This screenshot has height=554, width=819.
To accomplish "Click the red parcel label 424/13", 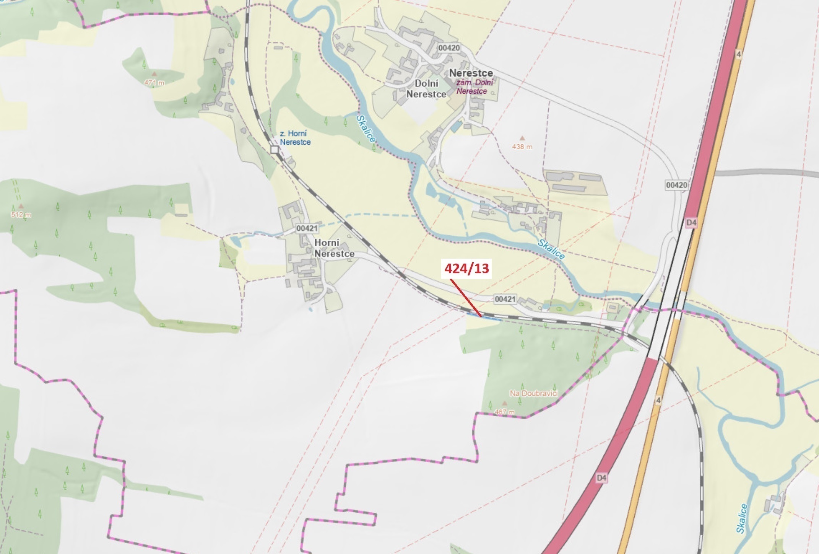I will [466, 269].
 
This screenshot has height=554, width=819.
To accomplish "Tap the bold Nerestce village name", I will [471, 73].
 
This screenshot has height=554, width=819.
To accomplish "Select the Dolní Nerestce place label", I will [426, 89].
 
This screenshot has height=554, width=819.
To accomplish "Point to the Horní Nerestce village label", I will [334, 248].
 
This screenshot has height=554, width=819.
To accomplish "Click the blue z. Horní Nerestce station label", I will [295, 138].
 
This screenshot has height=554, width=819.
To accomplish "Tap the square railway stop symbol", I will [275, 150].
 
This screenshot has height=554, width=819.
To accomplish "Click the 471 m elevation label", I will [154, 82].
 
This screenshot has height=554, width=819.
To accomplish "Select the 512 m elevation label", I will [21, 215].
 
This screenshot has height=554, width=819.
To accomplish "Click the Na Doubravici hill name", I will [534, 393].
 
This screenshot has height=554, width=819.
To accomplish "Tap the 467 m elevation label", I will [505, 412].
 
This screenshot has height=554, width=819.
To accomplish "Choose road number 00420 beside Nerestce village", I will [449, 48].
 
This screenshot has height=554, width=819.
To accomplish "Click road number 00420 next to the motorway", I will [676, 185].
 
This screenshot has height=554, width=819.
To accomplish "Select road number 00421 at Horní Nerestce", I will [307, 228].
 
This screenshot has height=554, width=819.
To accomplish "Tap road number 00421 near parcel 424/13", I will [505, 299].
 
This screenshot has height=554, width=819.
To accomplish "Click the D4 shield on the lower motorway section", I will [601, 478].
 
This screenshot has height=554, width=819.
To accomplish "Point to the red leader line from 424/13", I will [465, 298].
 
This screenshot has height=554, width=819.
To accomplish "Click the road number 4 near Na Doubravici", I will [658, 400].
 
